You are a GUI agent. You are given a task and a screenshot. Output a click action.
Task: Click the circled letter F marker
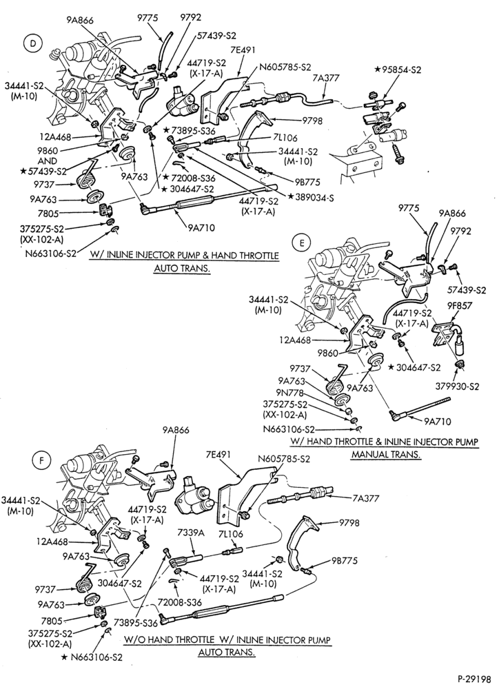pos(41,460)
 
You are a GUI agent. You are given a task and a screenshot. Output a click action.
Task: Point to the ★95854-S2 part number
pos(398,70)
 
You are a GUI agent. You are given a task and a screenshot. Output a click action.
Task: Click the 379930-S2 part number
pos(457,387)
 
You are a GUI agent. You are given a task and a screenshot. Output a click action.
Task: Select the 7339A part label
pos(191,533)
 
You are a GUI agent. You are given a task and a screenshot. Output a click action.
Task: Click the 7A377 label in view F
pos(365,498)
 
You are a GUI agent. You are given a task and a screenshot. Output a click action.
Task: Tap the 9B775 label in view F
pos(345,561)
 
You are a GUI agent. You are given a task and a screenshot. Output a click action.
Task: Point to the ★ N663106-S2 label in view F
pos(92,657)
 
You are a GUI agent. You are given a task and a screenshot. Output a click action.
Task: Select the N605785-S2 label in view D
pos(285,68)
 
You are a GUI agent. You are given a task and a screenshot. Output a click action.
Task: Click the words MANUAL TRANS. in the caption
pos(385,455)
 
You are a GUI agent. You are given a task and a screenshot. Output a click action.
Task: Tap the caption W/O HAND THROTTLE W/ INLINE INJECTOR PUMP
pos(227,640)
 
